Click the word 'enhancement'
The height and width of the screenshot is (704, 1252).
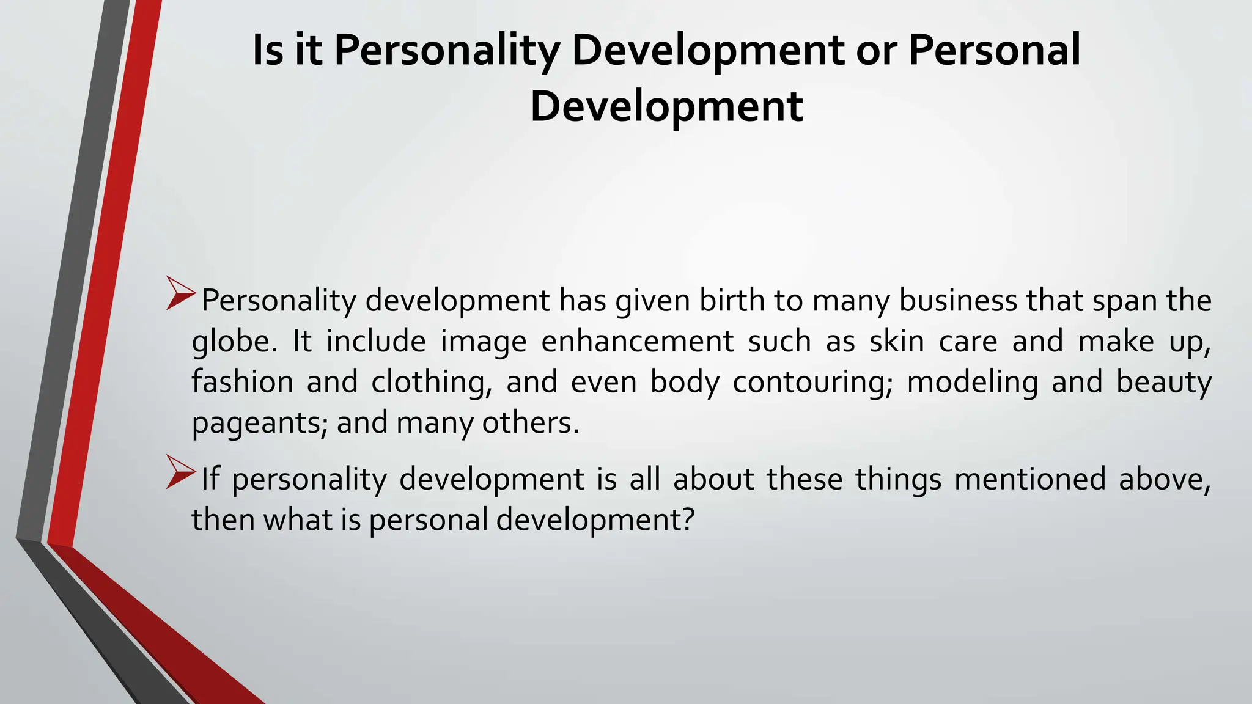click(637, 341)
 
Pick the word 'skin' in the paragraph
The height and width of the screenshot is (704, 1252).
click(897, 341)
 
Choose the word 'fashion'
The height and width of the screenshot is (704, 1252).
click(242, 382)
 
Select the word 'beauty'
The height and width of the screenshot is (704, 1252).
click(1163, 382)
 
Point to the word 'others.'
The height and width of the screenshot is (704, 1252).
click(531, 423)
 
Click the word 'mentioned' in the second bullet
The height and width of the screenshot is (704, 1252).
click(1029, 479)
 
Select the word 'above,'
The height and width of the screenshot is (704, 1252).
click(1165, 479)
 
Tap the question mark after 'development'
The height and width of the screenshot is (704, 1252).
click(688, 520)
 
